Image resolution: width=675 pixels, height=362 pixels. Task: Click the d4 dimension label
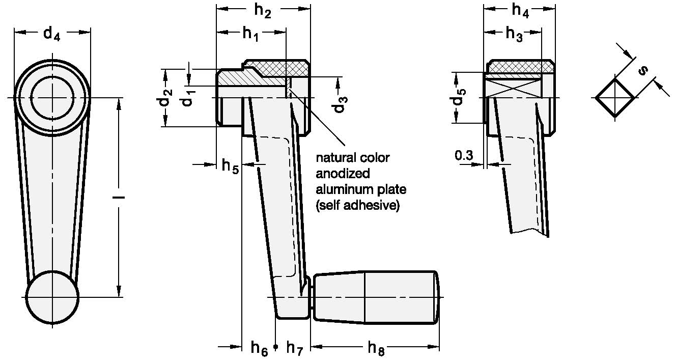tap(52, 34)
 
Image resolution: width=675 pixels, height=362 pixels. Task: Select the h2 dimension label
tap(263, 11)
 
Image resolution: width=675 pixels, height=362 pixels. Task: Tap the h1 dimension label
tap(250, 34)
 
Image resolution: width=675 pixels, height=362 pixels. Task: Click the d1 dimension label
tap(188, 96)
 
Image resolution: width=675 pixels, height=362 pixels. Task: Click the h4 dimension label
tap(519, 11)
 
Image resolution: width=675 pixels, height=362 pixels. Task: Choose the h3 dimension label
tap(513, 34)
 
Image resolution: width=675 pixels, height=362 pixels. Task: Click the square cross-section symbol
tap(615, 97)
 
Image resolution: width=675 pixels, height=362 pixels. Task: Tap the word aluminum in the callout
tap(341, 190)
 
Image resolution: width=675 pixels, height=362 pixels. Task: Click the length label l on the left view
tap(118, 197)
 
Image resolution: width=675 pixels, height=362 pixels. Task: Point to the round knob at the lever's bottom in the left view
tap(53, 296)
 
